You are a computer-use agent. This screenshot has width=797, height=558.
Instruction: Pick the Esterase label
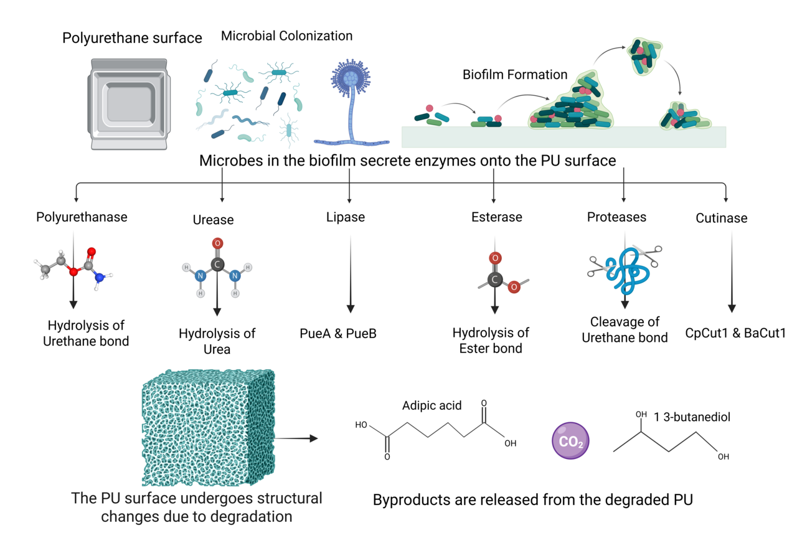click(496, 217)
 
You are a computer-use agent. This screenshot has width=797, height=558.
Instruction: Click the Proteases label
click(616, 217)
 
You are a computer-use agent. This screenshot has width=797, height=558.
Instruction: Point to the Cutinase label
click(721, 219)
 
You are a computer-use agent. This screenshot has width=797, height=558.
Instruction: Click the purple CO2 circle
click(570, 442)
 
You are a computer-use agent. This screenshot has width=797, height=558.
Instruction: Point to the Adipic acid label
click(432, 405)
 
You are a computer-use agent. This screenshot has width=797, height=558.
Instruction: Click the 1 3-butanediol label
click(692, 417)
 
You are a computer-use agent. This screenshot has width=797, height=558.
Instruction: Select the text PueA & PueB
click(338, 333)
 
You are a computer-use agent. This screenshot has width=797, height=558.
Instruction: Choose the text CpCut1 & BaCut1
click(735, 333)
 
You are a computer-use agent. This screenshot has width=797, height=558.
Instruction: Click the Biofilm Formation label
click(515, 75)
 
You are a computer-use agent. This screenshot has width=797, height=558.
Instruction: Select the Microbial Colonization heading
click(286, 36)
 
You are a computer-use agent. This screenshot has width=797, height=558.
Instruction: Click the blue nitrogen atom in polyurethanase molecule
click(98, 279)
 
